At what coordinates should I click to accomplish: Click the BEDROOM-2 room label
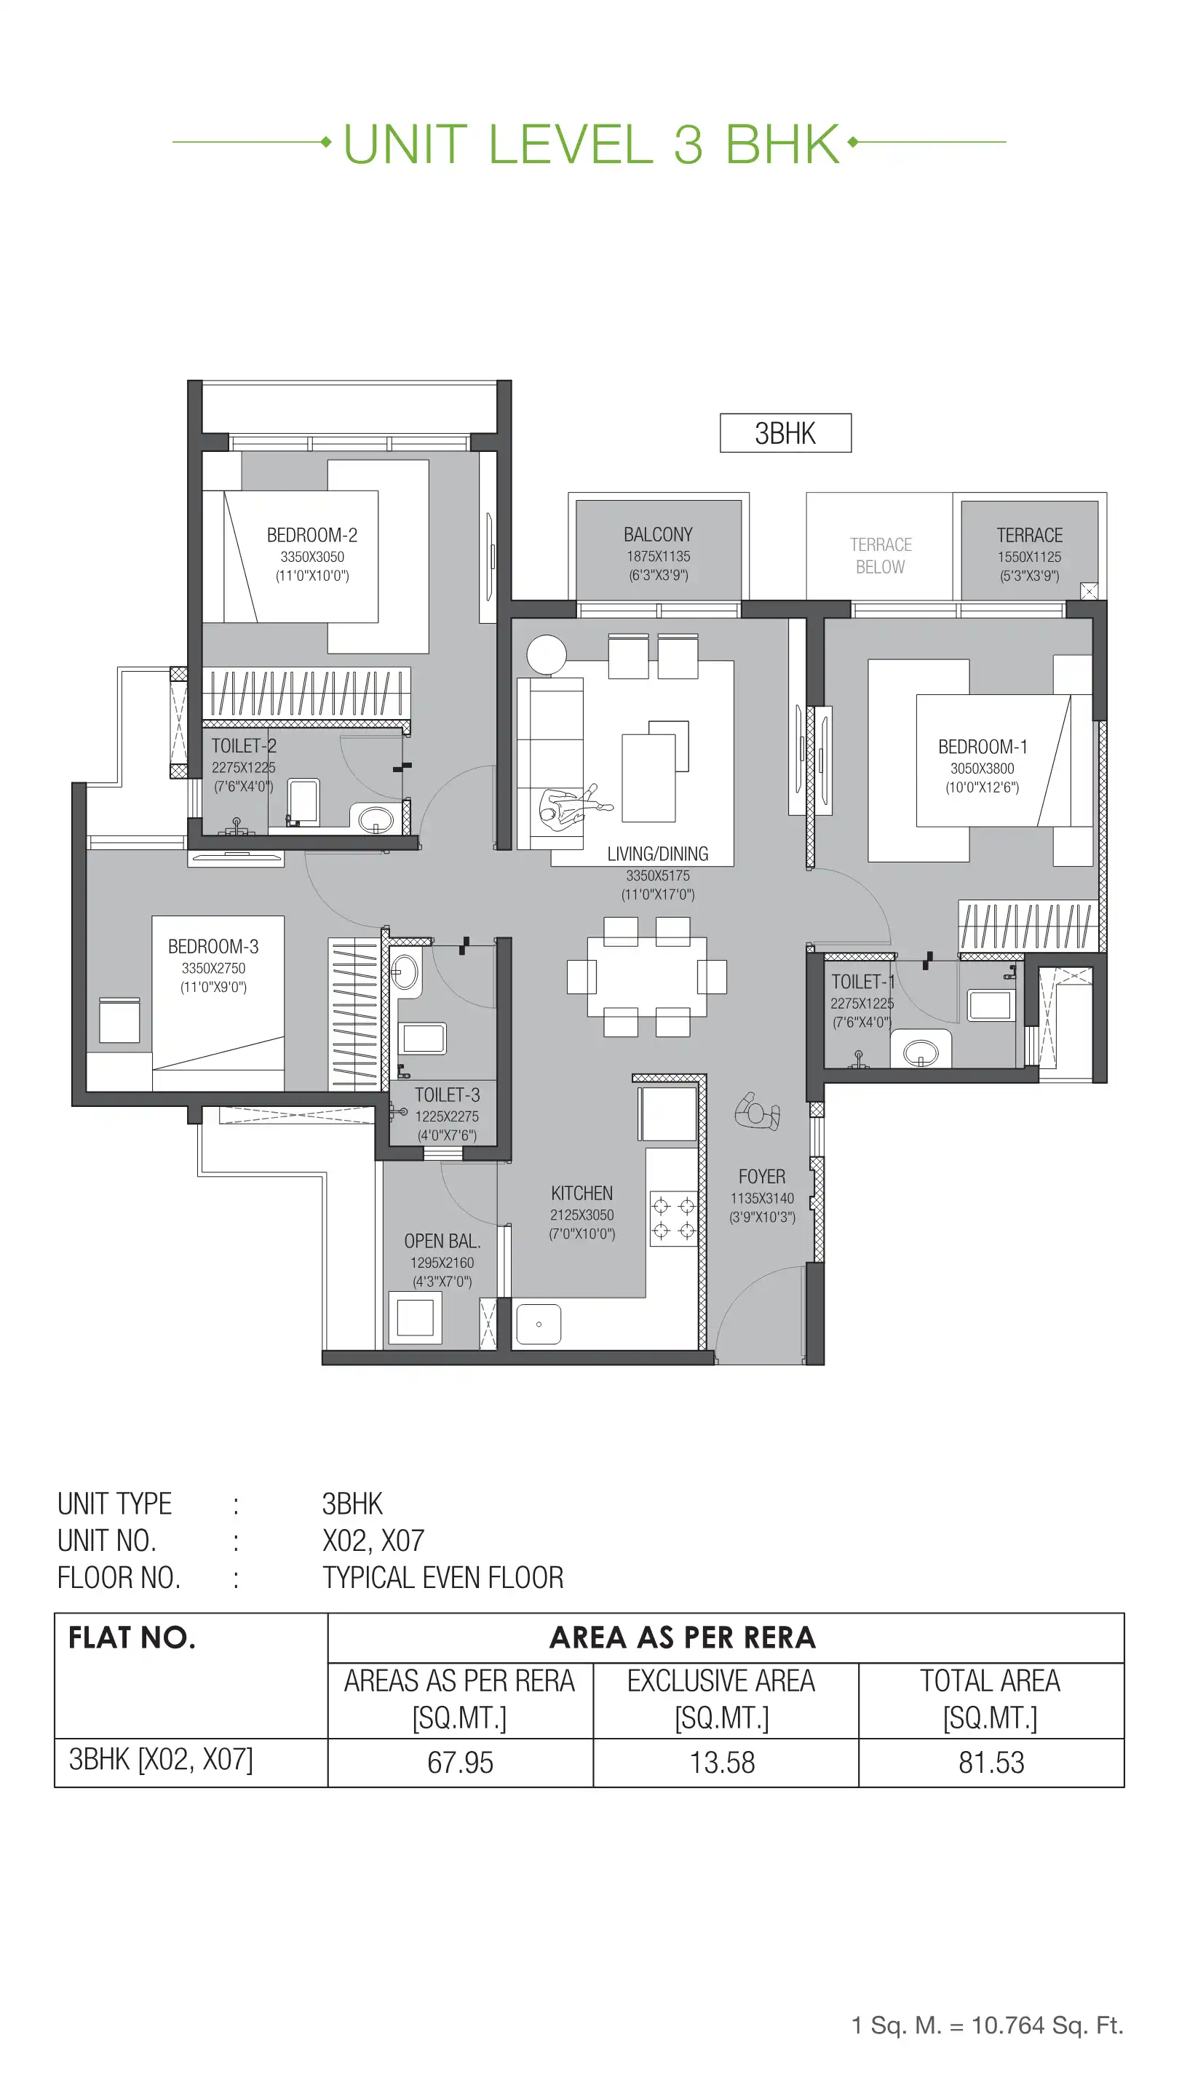311,536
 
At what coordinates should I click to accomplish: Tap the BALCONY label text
657,535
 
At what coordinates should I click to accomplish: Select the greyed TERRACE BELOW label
880,556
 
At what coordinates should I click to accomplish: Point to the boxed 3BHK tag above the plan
785,433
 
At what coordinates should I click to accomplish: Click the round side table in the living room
546,655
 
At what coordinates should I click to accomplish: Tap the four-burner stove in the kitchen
674,1218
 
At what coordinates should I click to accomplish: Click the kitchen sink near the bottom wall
539,1325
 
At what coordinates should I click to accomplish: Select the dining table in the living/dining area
646,977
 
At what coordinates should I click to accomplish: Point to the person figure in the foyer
758,1111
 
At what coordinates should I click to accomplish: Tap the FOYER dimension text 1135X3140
761,1199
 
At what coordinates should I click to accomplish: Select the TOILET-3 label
447,1095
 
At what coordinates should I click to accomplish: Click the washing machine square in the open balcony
415,1317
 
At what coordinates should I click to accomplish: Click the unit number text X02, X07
373,1541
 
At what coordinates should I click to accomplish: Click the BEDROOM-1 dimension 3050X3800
982,768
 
